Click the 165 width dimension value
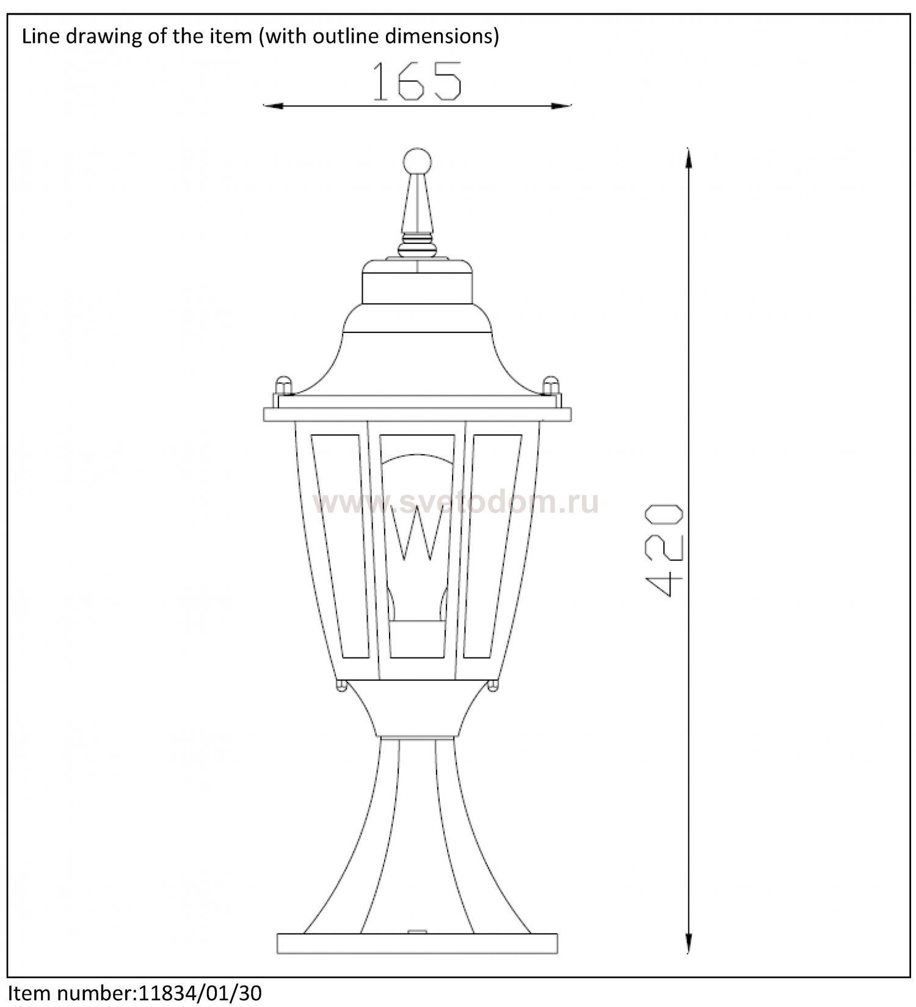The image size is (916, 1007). click(416, 80)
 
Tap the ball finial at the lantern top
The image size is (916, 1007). click(417, 161)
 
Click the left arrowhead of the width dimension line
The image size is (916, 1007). click(274, 106)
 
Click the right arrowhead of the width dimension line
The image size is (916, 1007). click(561, 106)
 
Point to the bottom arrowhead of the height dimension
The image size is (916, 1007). click(688, 942)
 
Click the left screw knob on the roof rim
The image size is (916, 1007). click(283, 385)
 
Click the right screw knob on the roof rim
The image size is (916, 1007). click(551, 385)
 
